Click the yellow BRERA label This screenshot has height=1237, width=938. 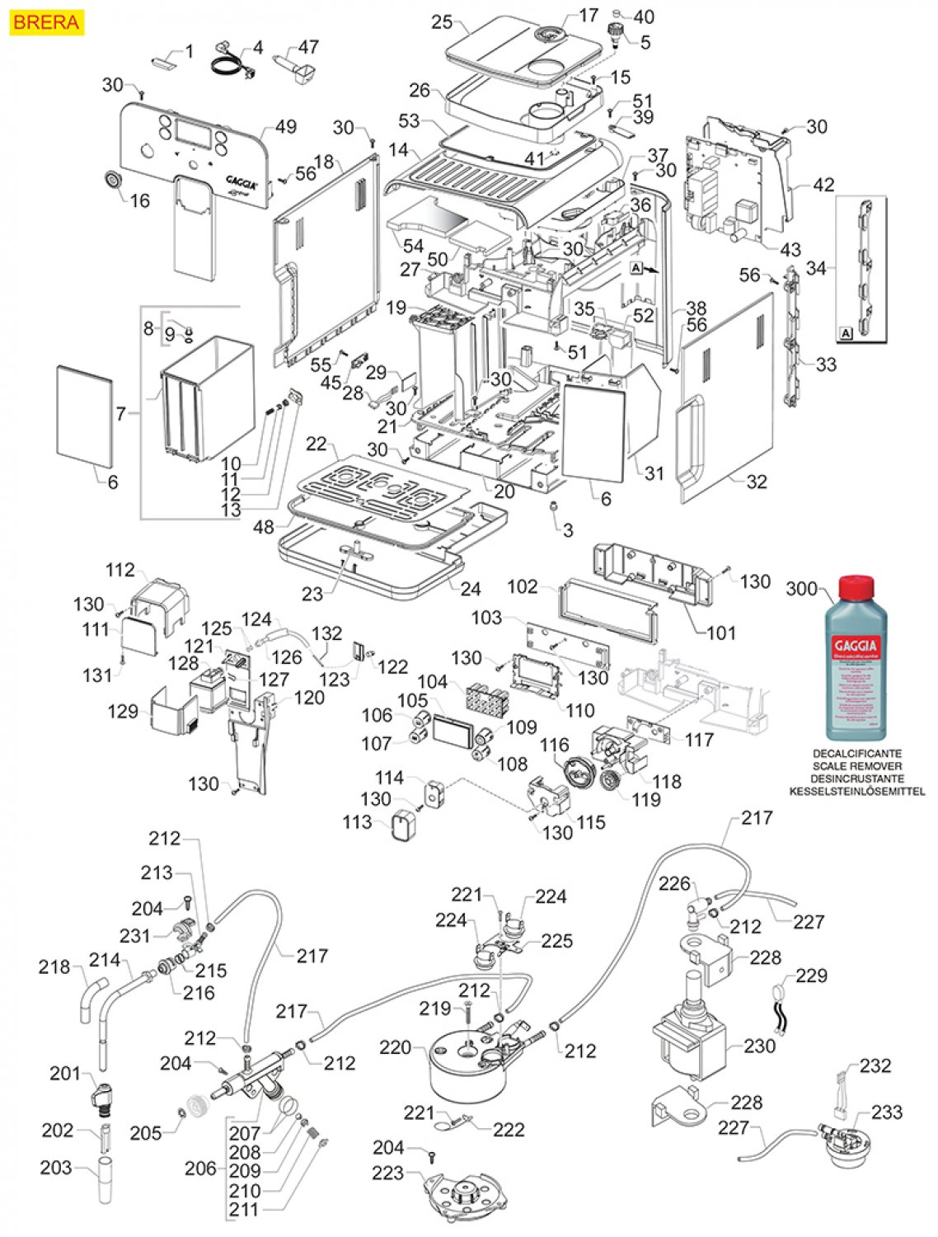click(46, 22)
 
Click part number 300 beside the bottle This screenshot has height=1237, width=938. click(801, 589)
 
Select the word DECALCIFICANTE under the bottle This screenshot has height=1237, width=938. click(857, 754)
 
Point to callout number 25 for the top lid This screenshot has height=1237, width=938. click(442, 21)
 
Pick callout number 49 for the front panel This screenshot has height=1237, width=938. click(286, 127)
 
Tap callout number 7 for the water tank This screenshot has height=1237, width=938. click(121, 413)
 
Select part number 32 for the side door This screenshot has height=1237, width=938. click(756, 482)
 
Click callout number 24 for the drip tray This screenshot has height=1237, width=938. click(471, 589)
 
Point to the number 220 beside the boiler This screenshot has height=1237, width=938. click(396, 1047)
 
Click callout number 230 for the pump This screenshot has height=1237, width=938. click(759, 1046)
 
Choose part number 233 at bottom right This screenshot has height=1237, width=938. click(887, 1112)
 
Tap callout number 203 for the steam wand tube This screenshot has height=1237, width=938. click(56, 1167)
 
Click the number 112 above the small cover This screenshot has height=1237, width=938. click(120, 570)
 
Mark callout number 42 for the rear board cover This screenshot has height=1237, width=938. click(823, 185)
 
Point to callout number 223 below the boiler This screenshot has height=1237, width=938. click(387, 1173)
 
